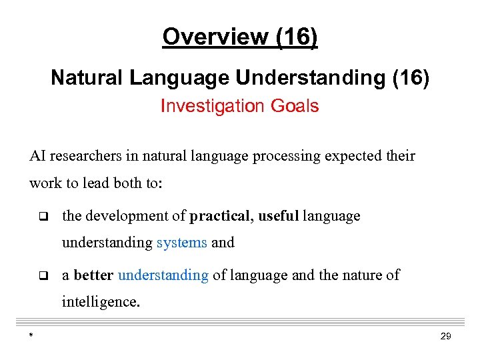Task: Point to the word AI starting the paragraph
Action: pyautogui.click(x=37, y=156)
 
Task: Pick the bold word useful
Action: pyautogui.click(x=279, y=216)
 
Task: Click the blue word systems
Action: pyautogui.click(x=181, y=243)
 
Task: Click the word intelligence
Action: pyautogui.click(x=100, y=302)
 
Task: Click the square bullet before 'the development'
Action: pyautogui.click(x=42, y=217)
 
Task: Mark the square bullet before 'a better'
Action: pyautogui.click(x=42, y=275)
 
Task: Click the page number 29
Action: pyautogui.click(x=446, y=337)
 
